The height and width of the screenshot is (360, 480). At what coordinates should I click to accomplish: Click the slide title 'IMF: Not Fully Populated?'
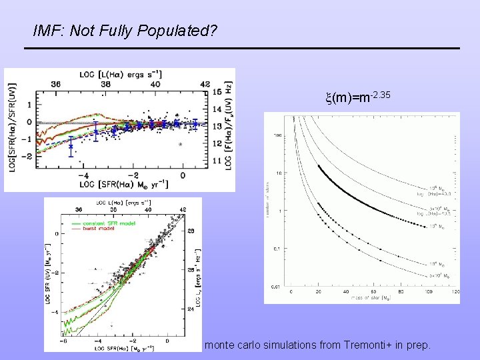click(125, 31)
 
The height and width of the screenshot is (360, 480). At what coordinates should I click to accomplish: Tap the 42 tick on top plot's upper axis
click(205, 85)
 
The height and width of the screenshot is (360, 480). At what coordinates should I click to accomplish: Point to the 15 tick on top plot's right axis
click(217, 92)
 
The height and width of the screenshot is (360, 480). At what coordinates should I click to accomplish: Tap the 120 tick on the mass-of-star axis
click(453, 292)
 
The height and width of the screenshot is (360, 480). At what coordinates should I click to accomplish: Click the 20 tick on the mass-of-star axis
click(318, 292)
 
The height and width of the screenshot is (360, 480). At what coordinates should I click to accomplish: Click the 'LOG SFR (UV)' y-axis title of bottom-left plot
click(49, 273)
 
